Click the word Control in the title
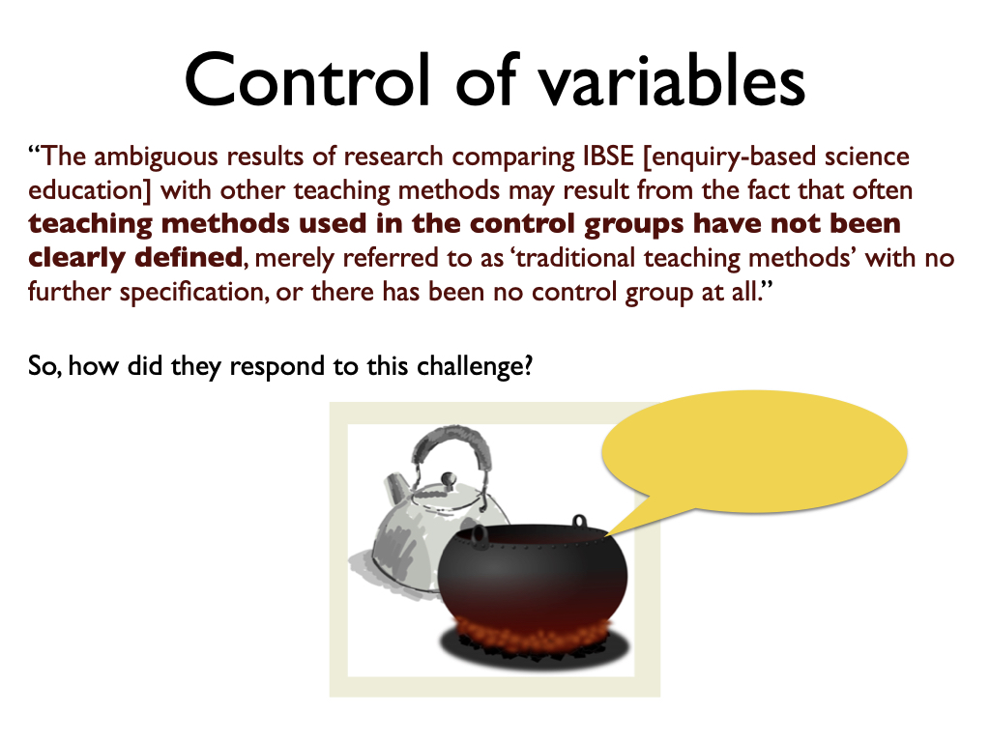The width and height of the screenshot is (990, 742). pyautogui.click(x=307, y=80)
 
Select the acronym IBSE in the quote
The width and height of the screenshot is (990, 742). pyautogui.click(x=608, y=157)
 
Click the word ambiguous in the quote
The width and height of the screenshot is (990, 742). pyautogui.click(x=156, y=157)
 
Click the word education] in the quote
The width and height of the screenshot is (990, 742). pyautogui.click(x=90, y=191)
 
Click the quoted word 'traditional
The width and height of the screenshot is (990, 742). pyautogui.click(x=573, y=258)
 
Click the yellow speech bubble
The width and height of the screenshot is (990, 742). pyautogui.click(x=754, y=451)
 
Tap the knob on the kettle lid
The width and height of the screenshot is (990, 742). pyautogui.click(x=448, y=479)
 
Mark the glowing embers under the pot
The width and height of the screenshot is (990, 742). pyautogui.click(x=534, y=634)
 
